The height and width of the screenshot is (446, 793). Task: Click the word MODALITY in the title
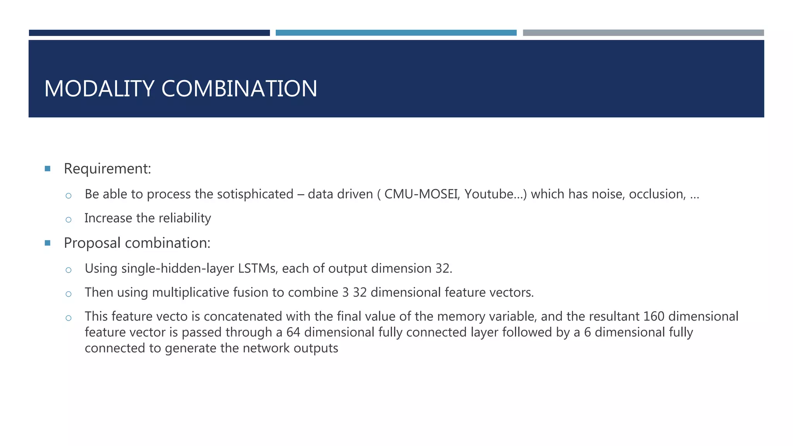(x=100, y=89)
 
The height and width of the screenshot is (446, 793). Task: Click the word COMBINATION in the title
(x=239, y=89)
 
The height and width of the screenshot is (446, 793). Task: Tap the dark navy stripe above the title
(x=149, y=33)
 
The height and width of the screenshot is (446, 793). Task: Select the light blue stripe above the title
(x=396, y=33)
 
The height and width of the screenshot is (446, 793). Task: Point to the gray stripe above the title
(x=643, y=33)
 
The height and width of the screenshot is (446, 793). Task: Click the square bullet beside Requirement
(x=48, y=169)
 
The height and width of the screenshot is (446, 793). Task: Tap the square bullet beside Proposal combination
(x=48, y=243)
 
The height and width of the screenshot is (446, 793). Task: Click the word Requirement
(x=107, y=169)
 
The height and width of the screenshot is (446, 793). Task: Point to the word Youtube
(x=489, y=194)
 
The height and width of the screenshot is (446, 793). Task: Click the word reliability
(x=185, y=218)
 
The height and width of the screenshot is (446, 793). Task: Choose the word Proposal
(x=92, y=243)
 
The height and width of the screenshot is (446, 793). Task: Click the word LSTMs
(x=257, y=268)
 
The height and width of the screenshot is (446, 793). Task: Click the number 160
(x=654, y=316)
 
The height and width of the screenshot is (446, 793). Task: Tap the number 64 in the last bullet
(x=293, y=332)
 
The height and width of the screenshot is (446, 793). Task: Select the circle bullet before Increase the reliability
(x=69, y=220)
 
